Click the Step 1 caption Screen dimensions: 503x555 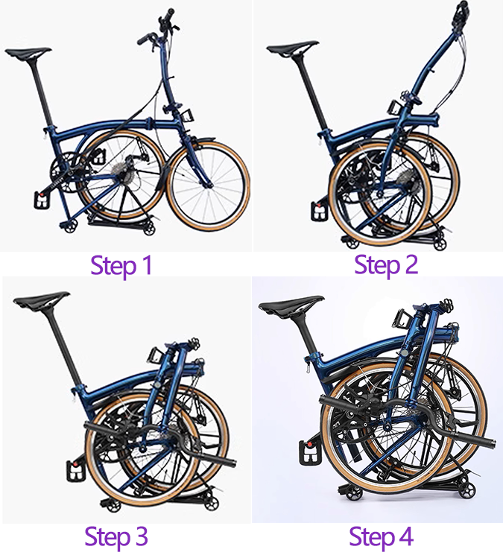[121, 266]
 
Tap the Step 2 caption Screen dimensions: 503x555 [386, 265]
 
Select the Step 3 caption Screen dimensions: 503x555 [116, 536]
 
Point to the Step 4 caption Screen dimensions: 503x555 [382, 536]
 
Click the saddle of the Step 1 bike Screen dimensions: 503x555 [28, 53]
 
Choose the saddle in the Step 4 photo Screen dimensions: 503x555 [291, 304]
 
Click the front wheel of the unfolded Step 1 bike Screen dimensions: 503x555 [208, 185]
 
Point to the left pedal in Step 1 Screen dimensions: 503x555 [41, 200]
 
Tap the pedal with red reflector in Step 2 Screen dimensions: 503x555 [317, 212]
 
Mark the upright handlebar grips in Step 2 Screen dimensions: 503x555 [463, 14]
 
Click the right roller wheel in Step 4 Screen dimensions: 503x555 [466, 491]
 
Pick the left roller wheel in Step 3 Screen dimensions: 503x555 [113, 505]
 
